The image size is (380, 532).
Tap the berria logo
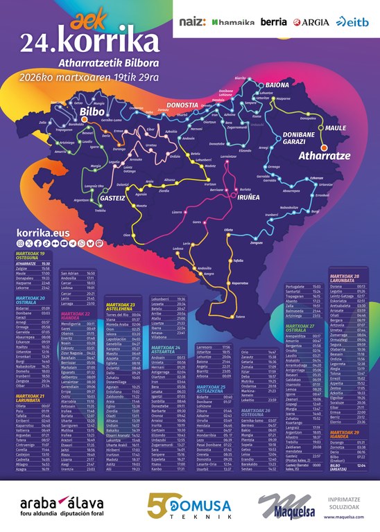tap(273, 22)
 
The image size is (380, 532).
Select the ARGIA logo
tap(311, 22)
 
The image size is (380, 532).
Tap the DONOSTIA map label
tap(183, 105)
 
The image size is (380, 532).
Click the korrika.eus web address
tap(39, 235)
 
